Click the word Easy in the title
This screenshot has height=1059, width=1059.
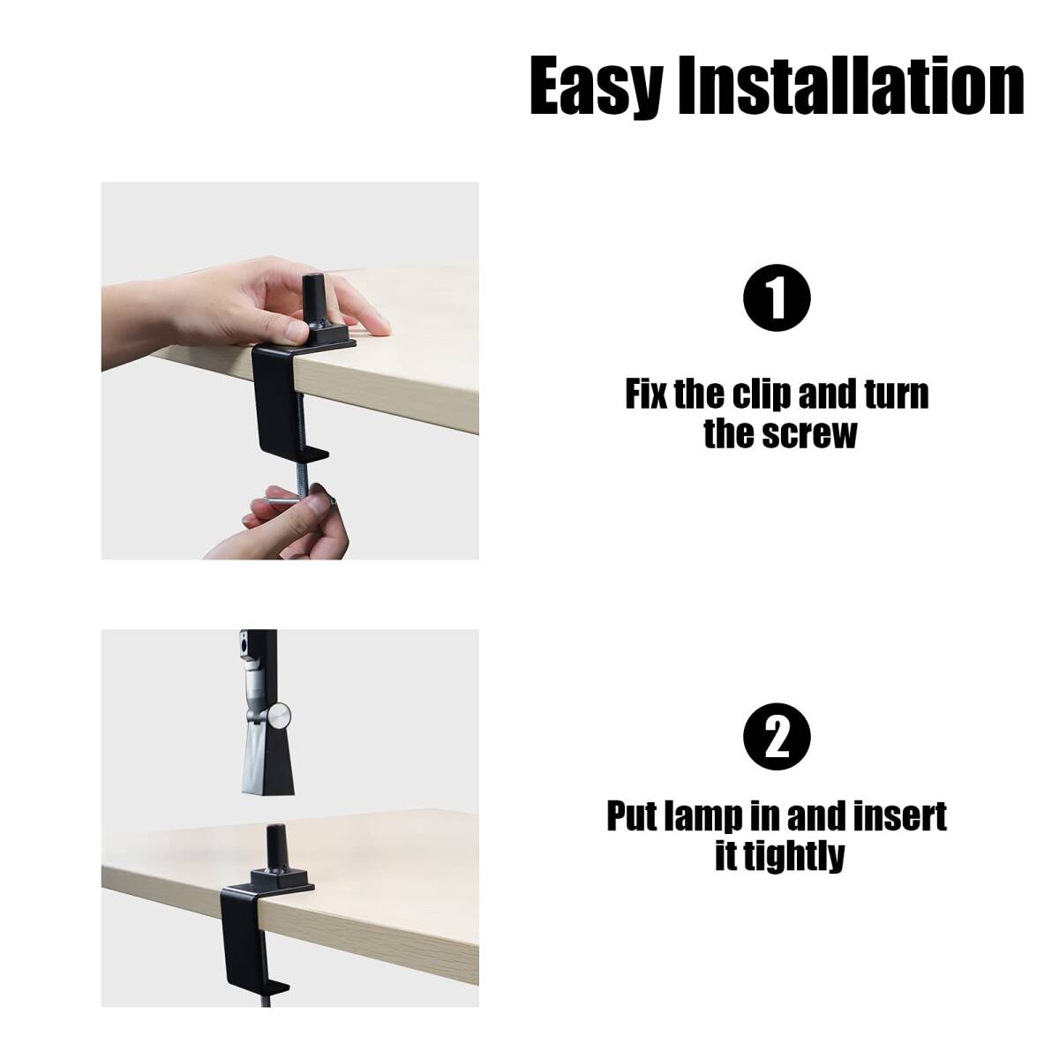(596, 88)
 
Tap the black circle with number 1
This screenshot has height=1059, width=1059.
(777, 298)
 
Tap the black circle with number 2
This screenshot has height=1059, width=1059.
(777, 736)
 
